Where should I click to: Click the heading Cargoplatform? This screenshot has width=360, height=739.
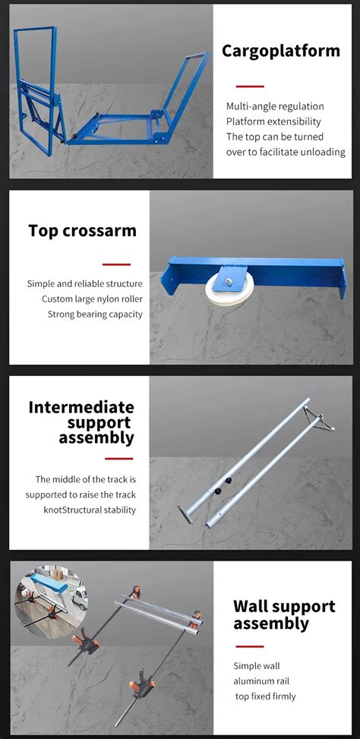click(x=280, y=51)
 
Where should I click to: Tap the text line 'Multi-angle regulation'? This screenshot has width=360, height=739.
click(x=275, y=106)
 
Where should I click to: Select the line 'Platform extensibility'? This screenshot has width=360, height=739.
click(x=273, y=122)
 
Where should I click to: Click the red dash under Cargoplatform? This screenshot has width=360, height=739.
click(x=249, y=87)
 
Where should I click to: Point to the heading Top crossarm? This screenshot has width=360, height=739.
click(x=82, y=231)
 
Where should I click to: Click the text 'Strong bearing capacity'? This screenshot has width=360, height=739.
click(x=95, y=314)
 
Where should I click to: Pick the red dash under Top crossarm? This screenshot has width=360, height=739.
click(x=117, y=264)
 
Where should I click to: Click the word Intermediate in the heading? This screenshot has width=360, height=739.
click(x=81, y=407)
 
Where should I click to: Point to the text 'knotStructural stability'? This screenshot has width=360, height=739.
click(x=90, y=510)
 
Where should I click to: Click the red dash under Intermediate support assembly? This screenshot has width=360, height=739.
click(x=118, y=458)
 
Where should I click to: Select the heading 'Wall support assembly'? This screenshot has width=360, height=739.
click(x=283, y=614)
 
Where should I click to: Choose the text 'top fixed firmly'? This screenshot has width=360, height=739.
click(x=264, y=696)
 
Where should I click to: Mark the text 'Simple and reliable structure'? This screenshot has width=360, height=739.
click(x=85, y=283)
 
